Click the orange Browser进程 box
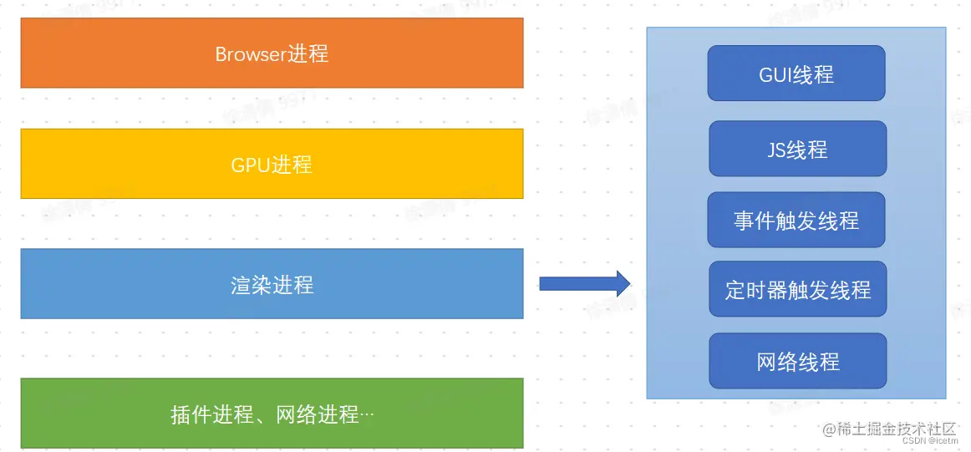(x=272, y=53)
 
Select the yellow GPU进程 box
(x=272, y=164)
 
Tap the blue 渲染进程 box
(x=272, y=283)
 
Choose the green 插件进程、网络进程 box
(x=272, y=413)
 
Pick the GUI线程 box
(x=796, y=74)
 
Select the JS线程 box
(x=797, y=149)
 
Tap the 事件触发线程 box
(x=796, y=220)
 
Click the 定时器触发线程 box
(x=797, y=289)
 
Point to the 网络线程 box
(x=797, y=361)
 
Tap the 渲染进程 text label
(x=272, y=285)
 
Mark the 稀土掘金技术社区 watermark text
(x=896, y=429)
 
